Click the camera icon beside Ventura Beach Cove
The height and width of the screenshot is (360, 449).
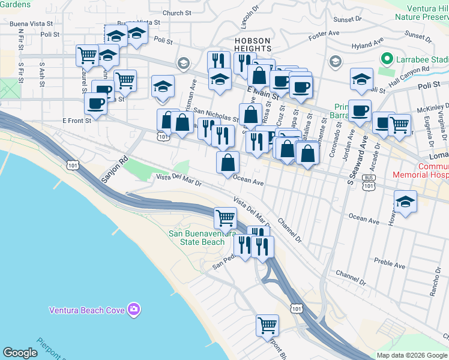[x=134, y=310]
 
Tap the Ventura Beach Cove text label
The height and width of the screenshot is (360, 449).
[x=86, y=310]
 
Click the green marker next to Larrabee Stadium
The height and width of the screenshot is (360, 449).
[x=387, y=59]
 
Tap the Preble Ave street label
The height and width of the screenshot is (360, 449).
[x=390, y=262]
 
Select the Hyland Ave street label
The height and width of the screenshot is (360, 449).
[x=367, y=45]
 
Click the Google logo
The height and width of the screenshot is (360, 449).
[x=20, y=353]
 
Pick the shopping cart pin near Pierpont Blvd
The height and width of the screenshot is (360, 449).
[x=267, y=326]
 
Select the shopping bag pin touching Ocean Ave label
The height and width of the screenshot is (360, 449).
[x=228, y=162]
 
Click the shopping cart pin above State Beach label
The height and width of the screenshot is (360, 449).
[x=225, y=217]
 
